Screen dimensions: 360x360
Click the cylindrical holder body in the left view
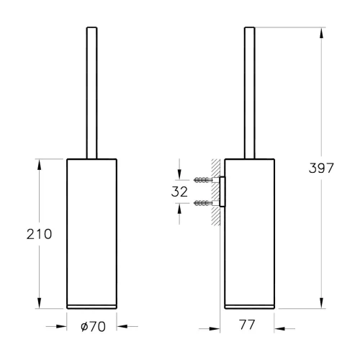91,230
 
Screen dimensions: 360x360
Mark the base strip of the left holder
91,305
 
